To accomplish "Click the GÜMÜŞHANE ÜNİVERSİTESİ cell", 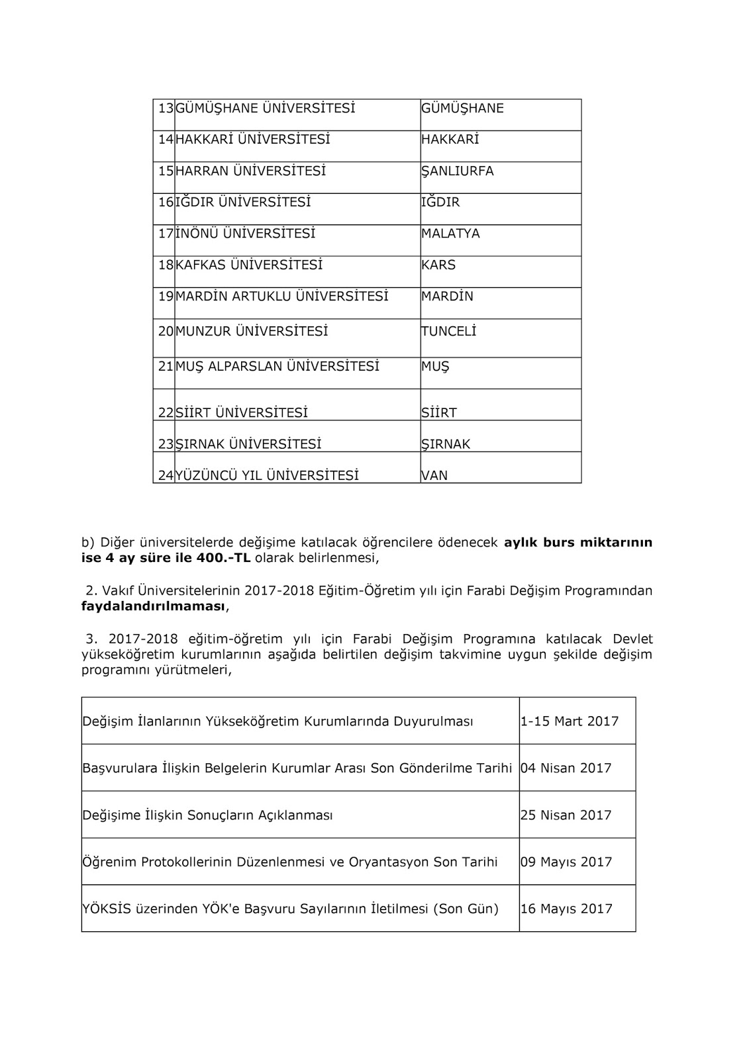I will click(x=266, y=108).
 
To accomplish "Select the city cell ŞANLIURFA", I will click(x=458, y=171).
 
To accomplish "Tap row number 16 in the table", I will click(x=166, y=202).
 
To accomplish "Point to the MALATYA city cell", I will click(x=450, y=234).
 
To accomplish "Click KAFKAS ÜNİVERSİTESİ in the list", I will click(x=249, y=265).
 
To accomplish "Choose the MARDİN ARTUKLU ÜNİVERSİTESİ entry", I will click(x=282, y=296).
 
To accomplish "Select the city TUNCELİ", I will click(x=448, y=331).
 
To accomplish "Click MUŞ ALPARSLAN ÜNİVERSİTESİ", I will click(x=277, y=366).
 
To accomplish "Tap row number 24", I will click(x=166, y=475).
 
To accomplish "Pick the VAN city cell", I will click(x=434, y=475).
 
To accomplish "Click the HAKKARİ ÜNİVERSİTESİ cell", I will click(x=253, y=139).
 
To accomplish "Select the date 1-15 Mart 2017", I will click(x=570, y=721).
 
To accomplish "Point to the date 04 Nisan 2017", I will click(x=566, y=768).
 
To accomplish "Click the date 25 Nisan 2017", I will click(x=566, y=815).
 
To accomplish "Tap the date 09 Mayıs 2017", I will click(x=566, y=862).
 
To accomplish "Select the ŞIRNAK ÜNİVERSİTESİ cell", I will click(x=248, y=444).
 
